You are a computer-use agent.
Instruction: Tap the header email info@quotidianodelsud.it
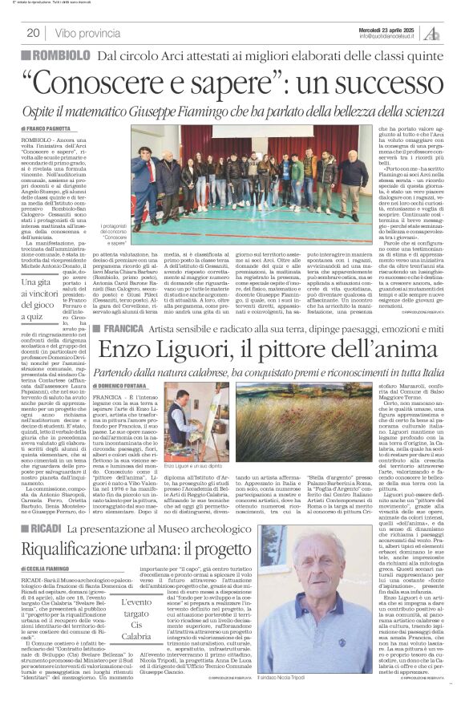pos(390,36)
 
